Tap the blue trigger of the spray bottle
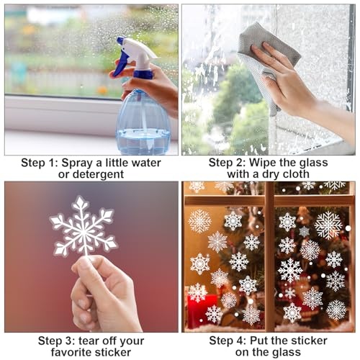click(x=121, y=63)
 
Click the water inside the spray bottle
click(x=143, y=141)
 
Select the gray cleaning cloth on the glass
click(x=269, y=60)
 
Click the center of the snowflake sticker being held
click(x=84, y=233)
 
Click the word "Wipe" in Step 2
click(x=262, y=163)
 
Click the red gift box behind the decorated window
click(x=202, y=310)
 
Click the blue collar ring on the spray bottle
click(x=143, y=74)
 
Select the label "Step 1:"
click(x=40, y=163)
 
